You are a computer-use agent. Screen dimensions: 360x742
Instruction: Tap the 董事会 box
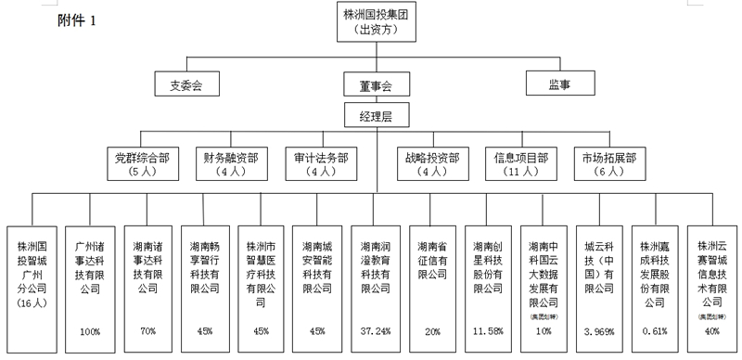coord(375,85)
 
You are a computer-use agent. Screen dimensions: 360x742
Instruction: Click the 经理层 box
coord(375,116)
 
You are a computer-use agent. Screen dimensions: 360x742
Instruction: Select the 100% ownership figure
coord(89,330)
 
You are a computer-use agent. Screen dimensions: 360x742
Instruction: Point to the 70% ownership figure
coord(148,330)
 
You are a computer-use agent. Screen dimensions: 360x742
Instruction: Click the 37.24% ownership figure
coord(375,330)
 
